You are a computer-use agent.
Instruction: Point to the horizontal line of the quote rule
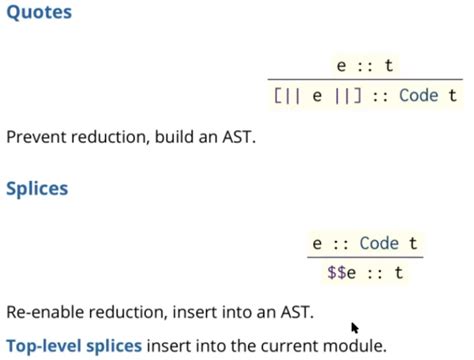365,80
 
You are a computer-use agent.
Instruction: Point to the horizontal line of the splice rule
364,257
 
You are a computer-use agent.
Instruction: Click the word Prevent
36,136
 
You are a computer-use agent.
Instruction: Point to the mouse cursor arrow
354,327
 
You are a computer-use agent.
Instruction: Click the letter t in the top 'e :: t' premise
389,66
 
